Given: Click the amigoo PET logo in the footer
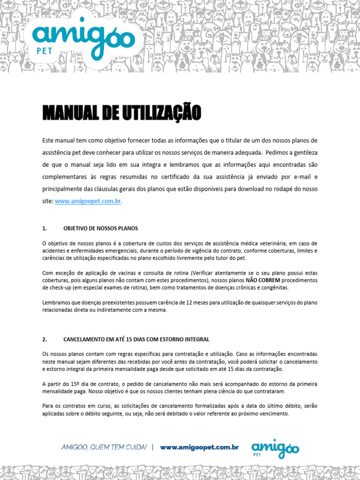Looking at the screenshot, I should (x=275, y=449).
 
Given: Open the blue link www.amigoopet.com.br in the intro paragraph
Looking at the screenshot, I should (x=89, y=201).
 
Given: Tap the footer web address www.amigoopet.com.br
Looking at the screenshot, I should (x=199, y=448).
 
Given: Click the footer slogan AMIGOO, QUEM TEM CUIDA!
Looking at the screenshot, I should (x=104, y=448).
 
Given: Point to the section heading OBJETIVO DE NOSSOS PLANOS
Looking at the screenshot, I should (x=101, y=229).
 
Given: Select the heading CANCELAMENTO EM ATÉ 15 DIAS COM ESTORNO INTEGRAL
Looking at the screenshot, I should (x=136, y=339).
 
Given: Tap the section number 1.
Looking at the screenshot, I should (x=44, y=229).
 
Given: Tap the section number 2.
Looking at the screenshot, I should (x=44, y=339).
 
